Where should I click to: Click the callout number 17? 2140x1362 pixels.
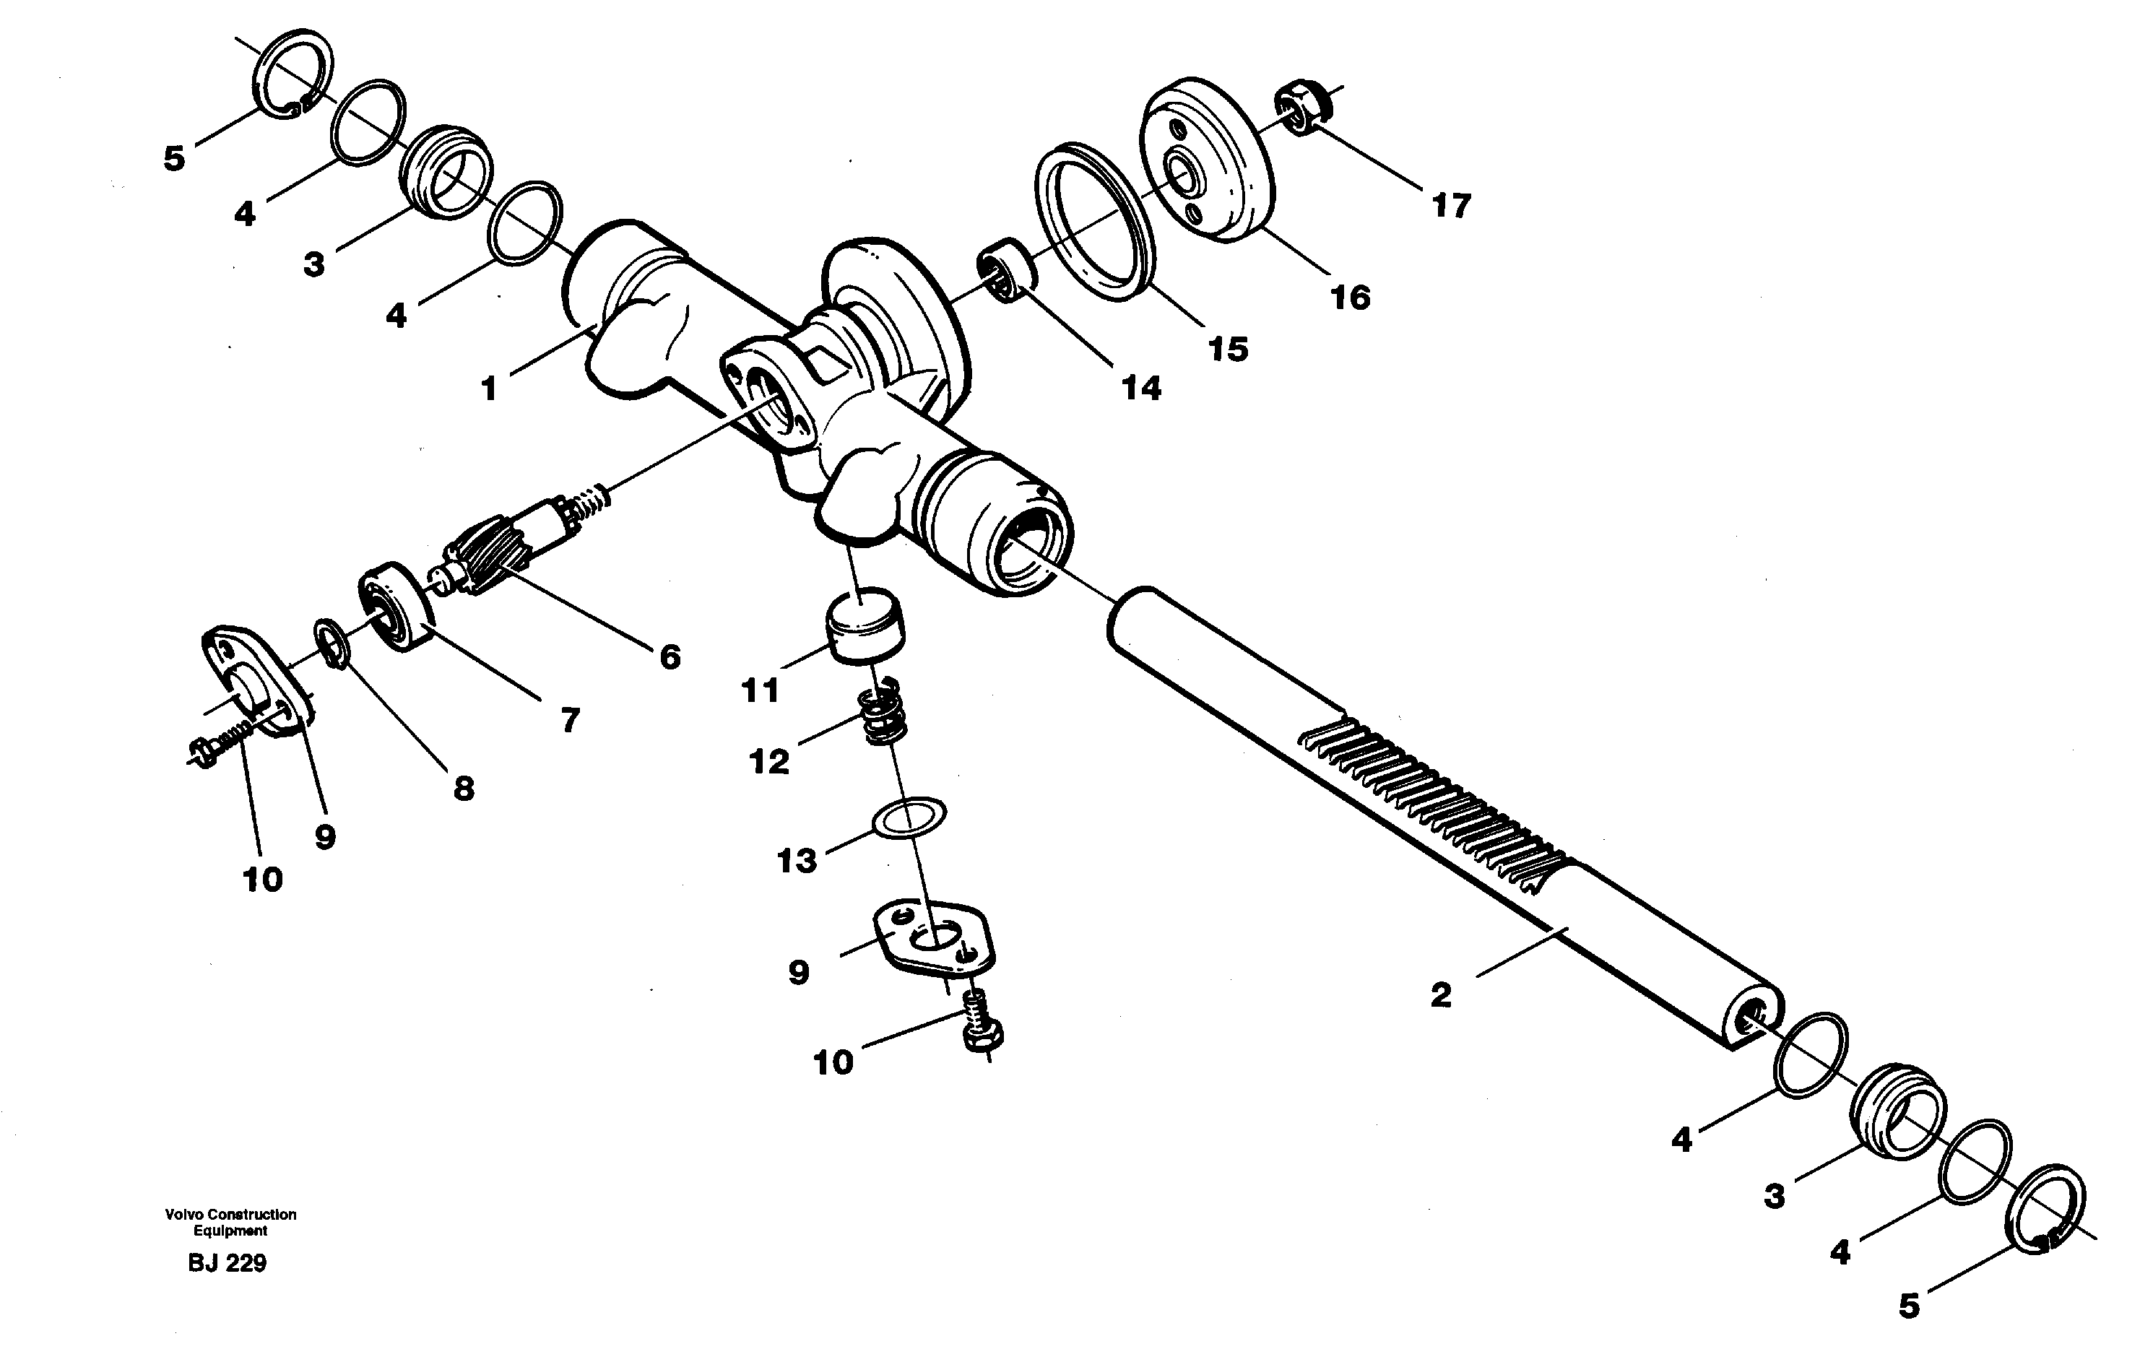point(1450,206)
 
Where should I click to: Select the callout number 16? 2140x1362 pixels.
point(1350,298)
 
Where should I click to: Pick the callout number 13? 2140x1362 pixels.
point(797,860)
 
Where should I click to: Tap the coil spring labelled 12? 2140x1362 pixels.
point(883,713)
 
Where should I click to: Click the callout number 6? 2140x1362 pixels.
point(670,656)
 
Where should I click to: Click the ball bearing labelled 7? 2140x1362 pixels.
point(396,607)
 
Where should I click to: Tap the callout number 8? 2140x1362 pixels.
point(464,788)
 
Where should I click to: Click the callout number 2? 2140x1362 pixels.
point(1441,995)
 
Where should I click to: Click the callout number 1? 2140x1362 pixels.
point(488,389)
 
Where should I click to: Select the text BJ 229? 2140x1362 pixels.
point(228,1263)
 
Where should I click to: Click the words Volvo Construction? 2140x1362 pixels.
point(230,1215)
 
